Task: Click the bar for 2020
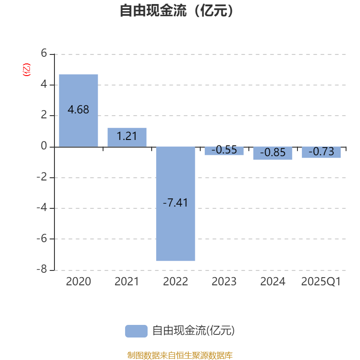tap(78, 110)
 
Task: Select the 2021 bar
tap(127, 137)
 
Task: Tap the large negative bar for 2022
tap(175, 204)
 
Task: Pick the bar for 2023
tap(224, 151)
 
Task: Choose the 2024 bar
tap(273, 153)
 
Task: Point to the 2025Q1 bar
tap(321, 153)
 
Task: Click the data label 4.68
tap(78, 109)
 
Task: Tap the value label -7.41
tap(175, 202)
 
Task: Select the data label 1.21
tap(127, 136)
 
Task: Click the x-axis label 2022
tap(175, 282)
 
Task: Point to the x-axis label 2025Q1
tap(321, 282)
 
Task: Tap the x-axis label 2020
tap(78, 282)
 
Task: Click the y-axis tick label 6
tap(44, 53)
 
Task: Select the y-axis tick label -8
tap(42, 269)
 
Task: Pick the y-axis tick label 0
tap(44, 146)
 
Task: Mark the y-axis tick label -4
tap(42, 207)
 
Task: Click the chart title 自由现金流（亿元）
tap(176, 10)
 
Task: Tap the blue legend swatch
tap(136, 331)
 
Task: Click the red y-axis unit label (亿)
tap(27, 70)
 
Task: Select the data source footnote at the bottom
tap(180, 355)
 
